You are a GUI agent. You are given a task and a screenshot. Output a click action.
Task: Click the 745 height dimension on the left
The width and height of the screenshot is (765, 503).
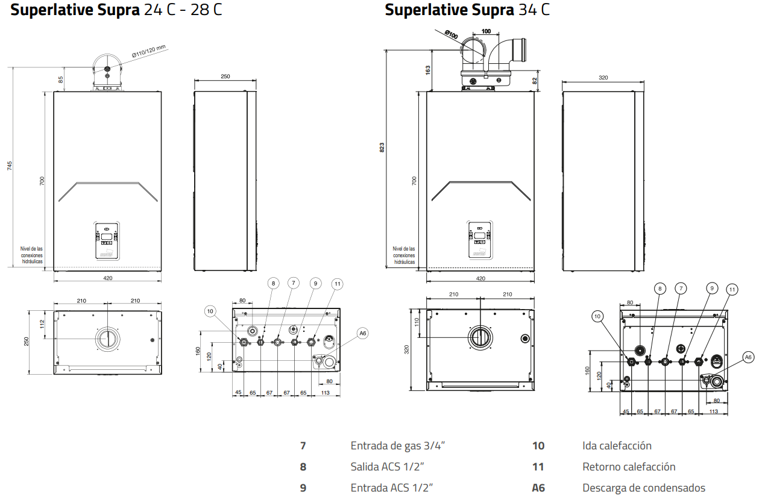[x=9, y=167]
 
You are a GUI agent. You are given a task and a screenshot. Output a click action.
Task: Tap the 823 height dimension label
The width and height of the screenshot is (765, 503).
[x=382, y=148]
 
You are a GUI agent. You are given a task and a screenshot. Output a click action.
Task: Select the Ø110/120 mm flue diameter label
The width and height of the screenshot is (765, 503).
[x=149, y=54]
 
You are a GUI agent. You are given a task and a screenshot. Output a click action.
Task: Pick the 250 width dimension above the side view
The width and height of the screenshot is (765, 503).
[x=225, y=77]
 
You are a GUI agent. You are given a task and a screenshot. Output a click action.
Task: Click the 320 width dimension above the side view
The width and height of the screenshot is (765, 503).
[x=603, y=77]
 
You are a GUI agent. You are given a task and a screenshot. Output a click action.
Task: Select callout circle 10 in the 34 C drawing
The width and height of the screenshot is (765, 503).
[x=597, y=316]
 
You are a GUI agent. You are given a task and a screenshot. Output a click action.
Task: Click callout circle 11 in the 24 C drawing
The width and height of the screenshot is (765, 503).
[x=337, y=284]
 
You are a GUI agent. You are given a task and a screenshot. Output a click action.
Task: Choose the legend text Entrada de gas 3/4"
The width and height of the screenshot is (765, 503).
[x=398, y=446]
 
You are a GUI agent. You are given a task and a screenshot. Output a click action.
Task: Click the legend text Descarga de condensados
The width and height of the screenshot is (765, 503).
[x=643, y=488]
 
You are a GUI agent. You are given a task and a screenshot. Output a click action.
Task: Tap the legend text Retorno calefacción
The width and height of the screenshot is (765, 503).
[x=629, y=467]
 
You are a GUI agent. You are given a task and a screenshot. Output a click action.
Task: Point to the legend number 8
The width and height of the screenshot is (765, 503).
[x=303, y=467]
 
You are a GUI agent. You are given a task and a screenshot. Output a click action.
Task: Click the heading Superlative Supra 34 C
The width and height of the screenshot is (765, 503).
[x=467, y=10]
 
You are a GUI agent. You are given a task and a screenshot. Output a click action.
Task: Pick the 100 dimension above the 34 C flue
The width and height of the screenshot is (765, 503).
[x=486, y=31]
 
